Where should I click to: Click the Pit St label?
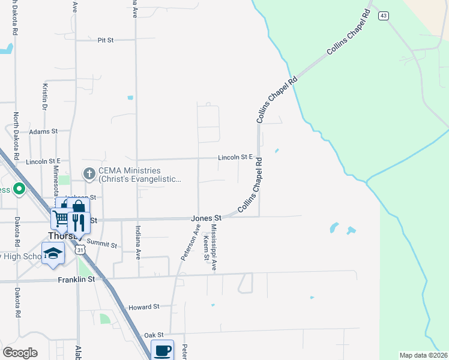(x=106, y=40)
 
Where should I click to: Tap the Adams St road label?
(x=43, y=131)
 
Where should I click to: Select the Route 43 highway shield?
(x=383, y=16)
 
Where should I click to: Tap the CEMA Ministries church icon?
(x=89, y=174)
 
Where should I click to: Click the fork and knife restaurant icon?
(x=79, y=223)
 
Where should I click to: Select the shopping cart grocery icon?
(x=61, y=219)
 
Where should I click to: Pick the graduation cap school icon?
(x=53, y=253)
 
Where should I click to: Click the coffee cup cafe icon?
(x=162, y=350)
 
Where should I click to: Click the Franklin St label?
(x=77, y=280)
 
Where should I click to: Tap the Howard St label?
(x=143, y=306)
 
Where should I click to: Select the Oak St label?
(x=154, y=334)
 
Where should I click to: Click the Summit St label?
(x=101, y=244)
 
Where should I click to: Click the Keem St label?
(x=206, y=248)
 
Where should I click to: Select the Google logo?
(x=20, y=353)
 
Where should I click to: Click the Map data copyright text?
(x=424, y=355)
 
